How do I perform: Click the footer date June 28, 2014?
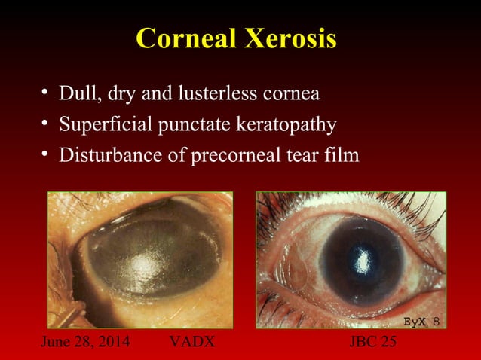click(84, 342)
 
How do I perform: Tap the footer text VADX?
click(192, 342)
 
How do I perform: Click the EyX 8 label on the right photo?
click(421, 321)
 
